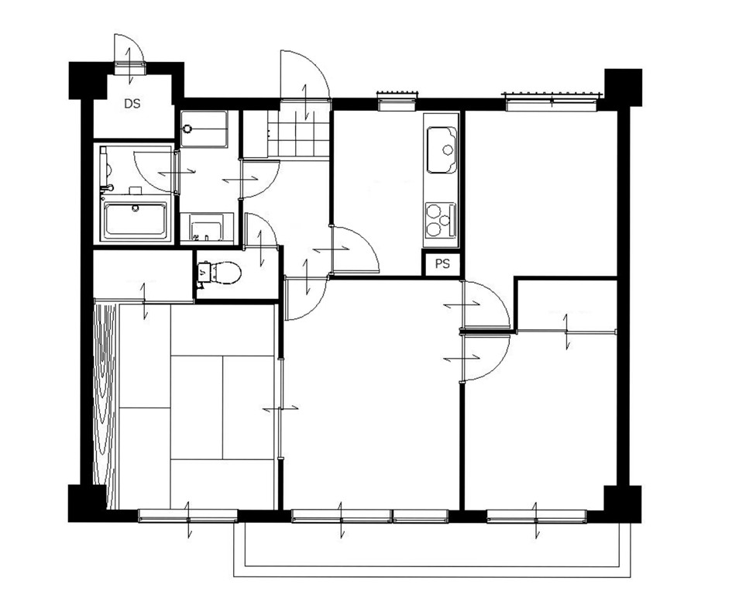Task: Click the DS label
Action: point(132,104)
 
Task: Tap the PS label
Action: point(442,264)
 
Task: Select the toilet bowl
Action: point(219,273)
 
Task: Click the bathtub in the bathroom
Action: point(135,219)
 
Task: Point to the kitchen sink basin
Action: point(442,149)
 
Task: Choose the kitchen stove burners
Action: point(440,219)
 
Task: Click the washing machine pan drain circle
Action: point(187,129)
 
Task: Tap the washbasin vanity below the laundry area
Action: point(207,228)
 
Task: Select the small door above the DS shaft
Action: point(129,54)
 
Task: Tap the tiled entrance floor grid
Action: point(299,134)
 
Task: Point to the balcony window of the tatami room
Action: point(188,515)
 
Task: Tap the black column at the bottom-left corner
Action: point(87,503)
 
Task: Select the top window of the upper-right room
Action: point(552,101)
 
